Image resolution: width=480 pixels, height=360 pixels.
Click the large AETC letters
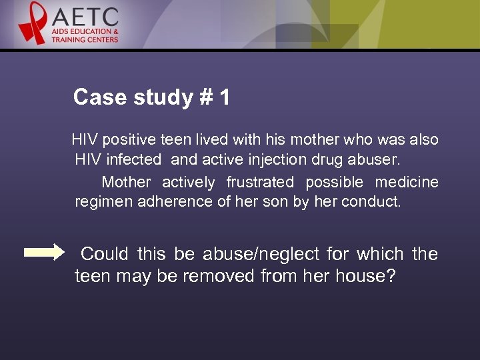(x=85, y=17)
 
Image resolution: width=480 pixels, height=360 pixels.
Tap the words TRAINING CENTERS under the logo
(x=85, y=39)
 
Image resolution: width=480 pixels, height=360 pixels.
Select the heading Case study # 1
(x=151, y=97)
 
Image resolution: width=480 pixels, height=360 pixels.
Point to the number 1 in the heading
(x=224, y=97)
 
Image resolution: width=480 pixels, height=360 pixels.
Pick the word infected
(x=137, y=160)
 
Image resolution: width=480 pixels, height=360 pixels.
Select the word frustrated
(x=260, y=182)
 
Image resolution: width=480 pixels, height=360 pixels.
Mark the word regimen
(x=103, y=202)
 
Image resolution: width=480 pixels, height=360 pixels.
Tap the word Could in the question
(x=105, y=254)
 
